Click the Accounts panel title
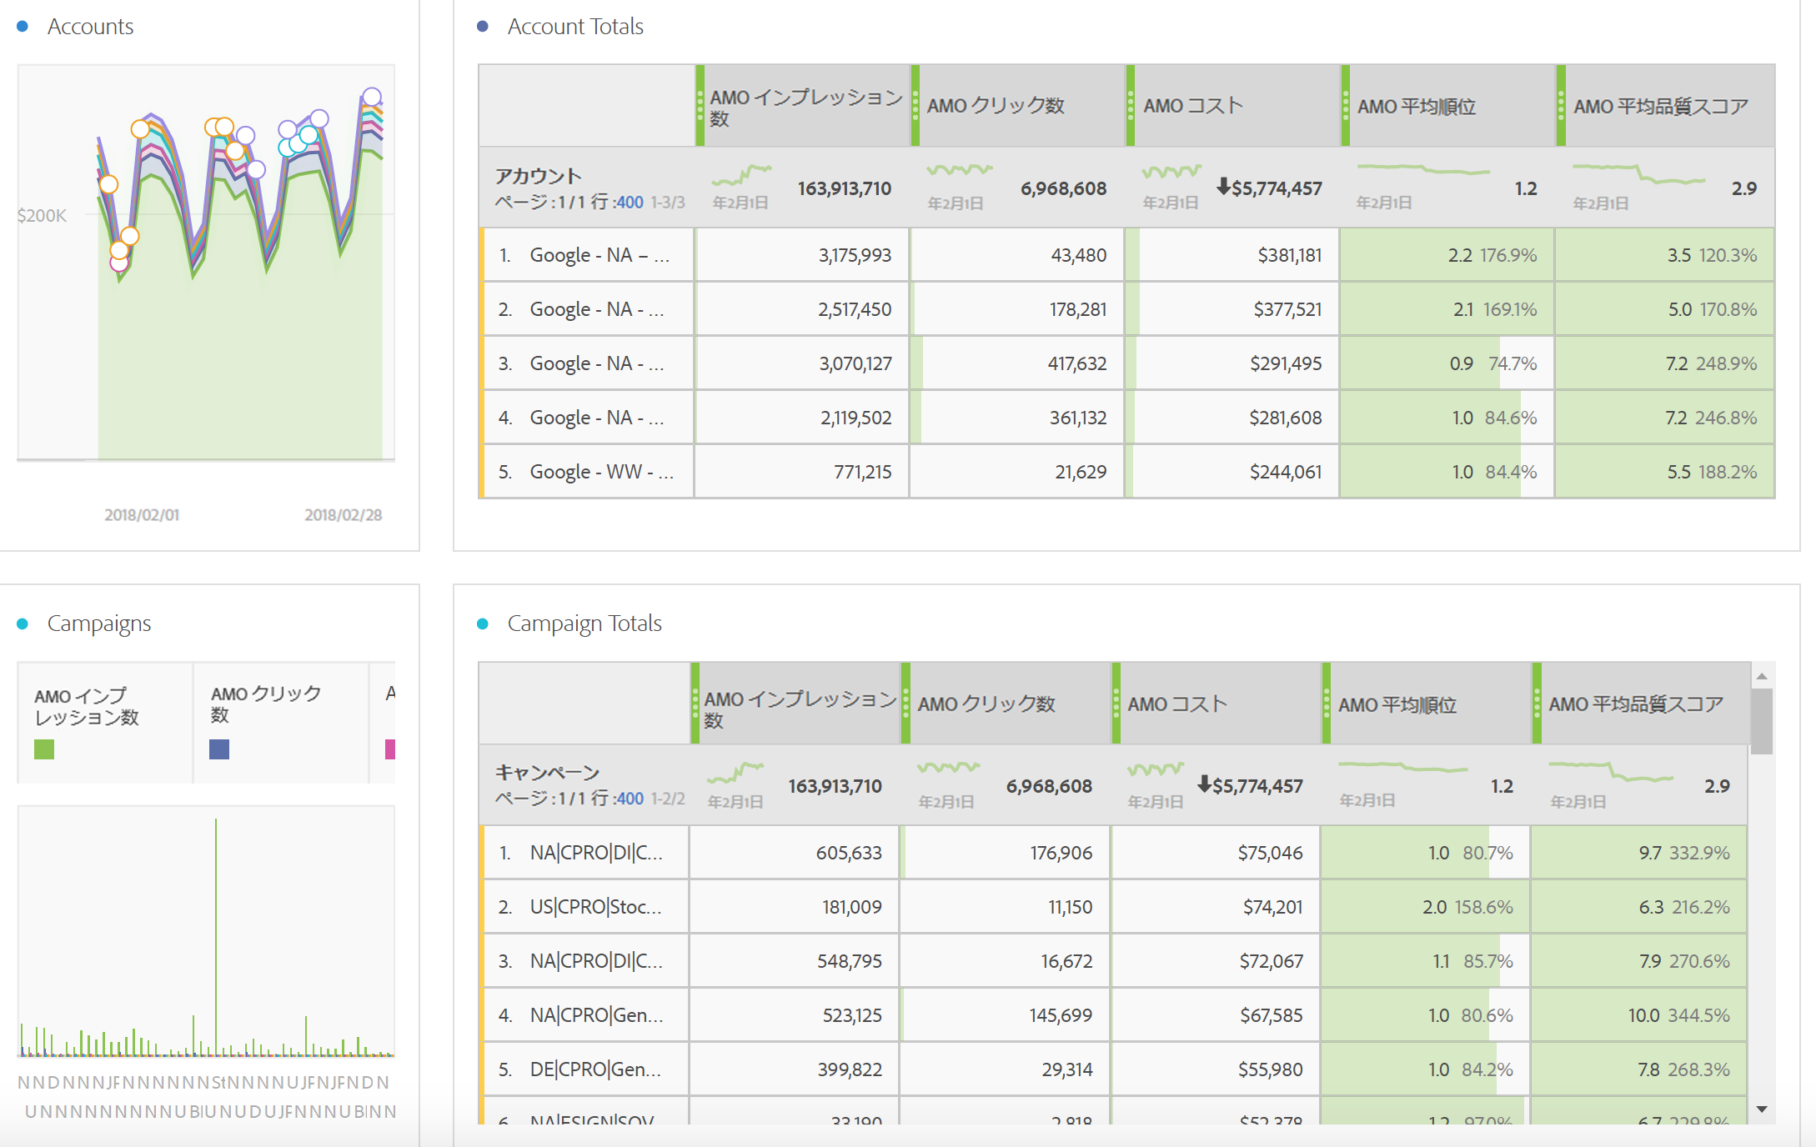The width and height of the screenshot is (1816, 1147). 90,27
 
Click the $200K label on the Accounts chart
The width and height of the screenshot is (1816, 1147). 42,216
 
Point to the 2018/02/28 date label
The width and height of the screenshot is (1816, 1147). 343,515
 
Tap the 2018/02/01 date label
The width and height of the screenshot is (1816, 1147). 142,515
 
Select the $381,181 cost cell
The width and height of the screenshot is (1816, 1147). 1289,255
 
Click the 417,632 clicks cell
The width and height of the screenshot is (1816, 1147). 1076,363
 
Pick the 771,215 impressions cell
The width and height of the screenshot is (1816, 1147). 862,472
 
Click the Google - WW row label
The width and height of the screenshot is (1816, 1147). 601,472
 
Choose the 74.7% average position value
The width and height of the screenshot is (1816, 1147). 1512,363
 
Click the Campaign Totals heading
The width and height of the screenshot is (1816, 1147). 584,624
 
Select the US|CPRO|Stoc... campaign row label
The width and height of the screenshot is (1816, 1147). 595,907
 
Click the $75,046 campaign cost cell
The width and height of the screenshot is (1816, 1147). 1269,853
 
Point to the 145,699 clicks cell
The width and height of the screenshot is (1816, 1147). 1060,1015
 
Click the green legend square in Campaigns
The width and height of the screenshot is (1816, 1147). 44,749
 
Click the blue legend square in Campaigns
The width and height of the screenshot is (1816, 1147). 219,749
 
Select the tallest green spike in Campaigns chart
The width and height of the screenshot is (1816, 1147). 216,917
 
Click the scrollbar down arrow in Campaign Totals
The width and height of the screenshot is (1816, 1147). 1762,1109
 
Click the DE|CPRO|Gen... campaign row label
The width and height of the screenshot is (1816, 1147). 595,1069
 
